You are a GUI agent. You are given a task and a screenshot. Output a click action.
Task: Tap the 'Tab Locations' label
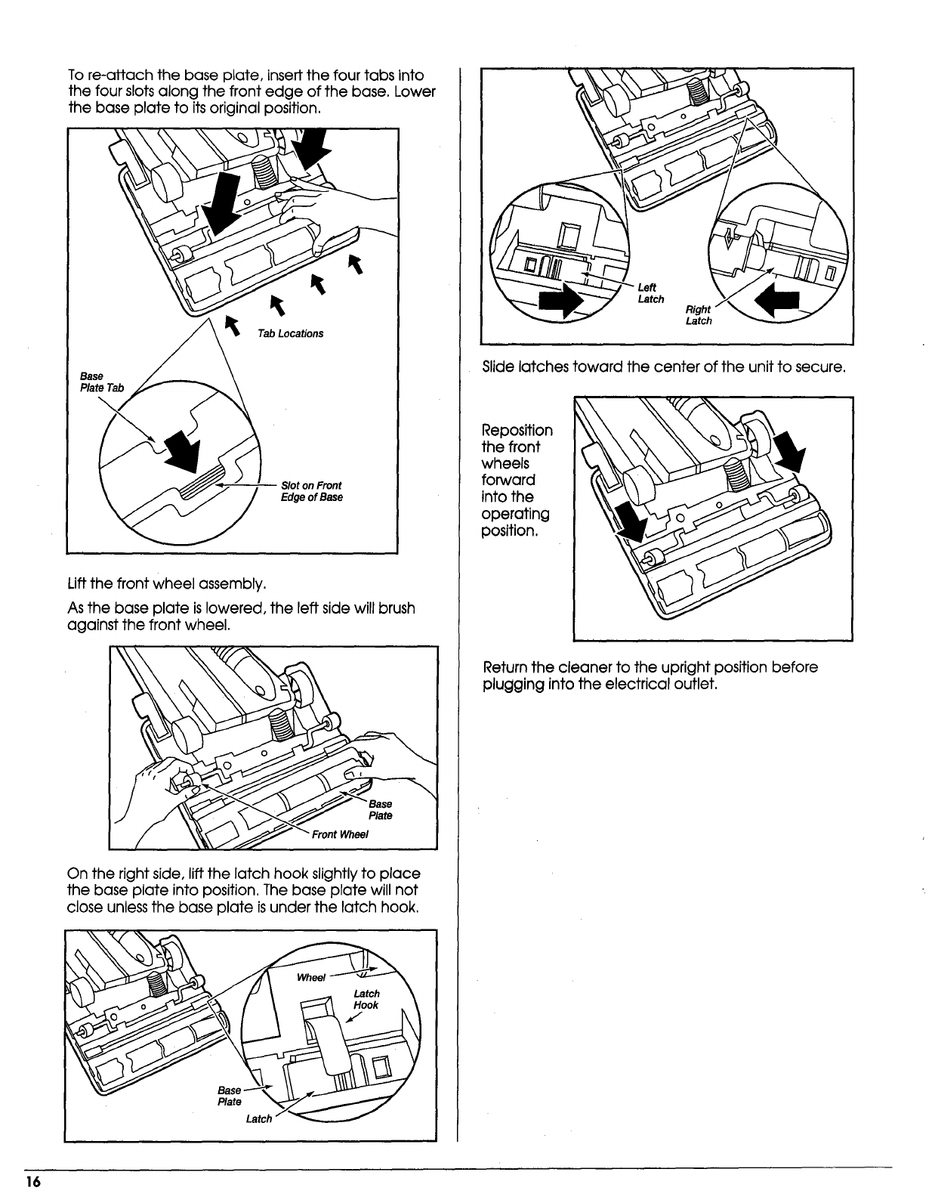290,334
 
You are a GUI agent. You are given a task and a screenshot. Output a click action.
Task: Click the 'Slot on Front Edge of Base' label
311,491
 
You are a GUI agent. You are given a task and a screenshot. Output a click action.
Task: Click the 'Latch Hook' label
366,999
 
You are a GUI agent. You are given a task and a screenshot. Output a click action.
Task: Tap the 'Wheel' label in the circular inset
310,977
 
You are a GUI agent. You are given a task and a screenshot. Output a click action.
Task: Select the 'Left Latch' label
650,293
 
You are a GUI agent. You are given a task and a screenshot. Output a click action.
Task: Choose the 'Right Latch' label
698,315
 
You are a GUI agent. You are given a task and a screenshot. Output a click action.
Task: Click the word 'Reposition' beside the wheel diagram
517,431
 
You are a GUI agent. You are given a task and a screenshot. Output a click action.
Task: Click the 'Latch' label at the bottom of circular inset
258,1118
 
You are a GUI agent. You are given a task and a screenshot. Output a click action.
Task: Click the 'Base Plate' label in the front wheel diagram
380,810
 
